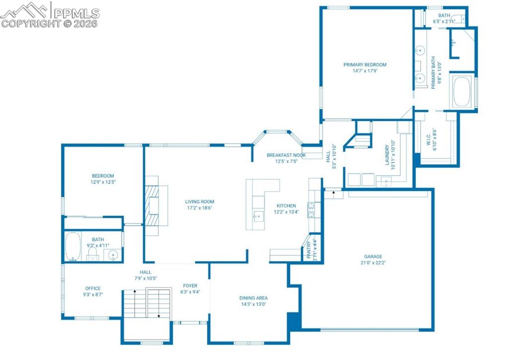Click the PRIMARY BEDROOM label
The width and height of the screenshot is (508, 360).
point(365,65)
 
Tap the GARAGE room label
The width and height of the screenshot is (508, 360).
point(372,257)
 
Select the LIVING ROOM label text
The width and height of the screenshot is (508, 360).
point(199,202)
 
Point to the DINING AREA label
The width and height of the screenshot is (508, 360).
point(254,298)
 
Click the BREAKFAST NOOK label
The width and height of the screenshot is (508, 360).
point(286,155)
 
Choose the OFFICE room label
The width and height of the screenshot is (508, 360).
point(93,288)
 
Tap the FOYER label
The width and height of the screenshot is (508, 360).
point(190,286)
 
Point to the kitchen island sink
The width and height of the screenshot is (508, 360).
point(257,216)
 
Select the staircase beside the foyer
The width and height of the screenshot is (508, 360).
point(147,303)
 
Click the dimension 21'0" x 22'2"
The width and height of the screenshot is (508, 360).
point(372,263)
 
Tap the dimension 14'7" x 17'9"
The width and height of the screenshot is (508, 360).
point(365,71)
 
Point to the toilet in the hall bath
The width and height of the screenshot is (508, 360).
point(92,254)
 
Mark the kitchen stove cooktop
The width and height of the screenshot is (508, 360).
point(311,210)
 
